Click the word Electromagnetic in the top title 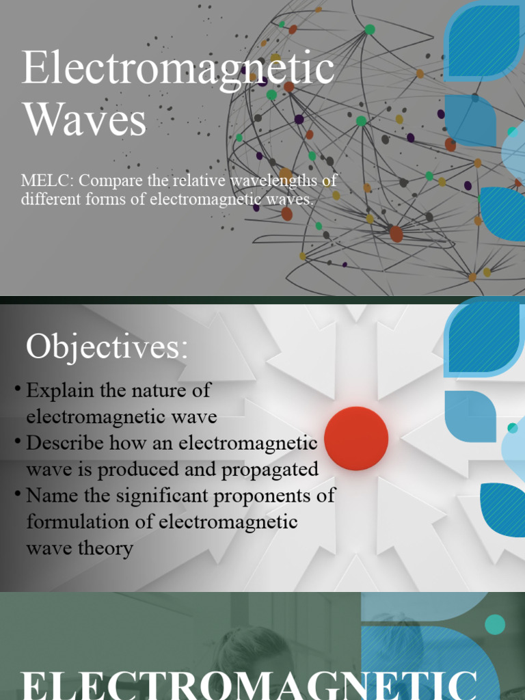(178, 69)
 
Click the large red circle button (356, 438)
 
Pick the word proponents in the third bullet (266, 496)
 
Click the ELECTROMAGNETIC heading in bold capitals (249, 684)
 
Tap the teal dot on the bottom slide (494, 624)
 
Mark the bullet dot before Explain (17, 390)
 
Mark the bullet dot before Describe (17, 442)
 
